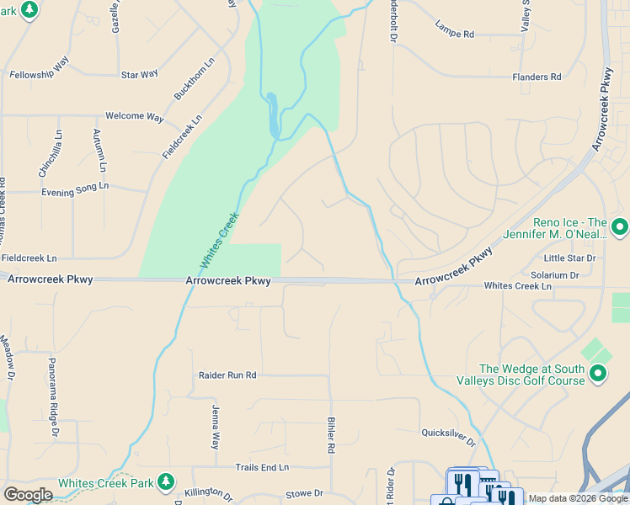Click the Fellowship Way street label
tap(39, 75)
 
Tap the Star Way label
tap(139, 75)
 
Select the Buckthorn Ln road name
tap(195, 78)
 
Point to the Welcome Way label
tap(134, 117)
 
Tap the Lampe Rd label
tap(455, 34)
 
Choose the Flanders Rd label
tap(537, 77)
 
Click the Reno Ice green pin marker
tap(620, 226)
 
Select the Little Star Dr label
tap(569, 258)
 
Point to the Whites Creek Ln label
tap(517, 286)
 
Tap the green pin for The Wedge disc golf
tap(598, 372)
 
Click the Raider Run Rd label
tap(227, 375)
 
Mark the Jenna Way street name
tap(215, 427)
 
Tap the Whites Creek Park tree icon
tap(167, 482)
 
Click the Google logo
tap(28, 495)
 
